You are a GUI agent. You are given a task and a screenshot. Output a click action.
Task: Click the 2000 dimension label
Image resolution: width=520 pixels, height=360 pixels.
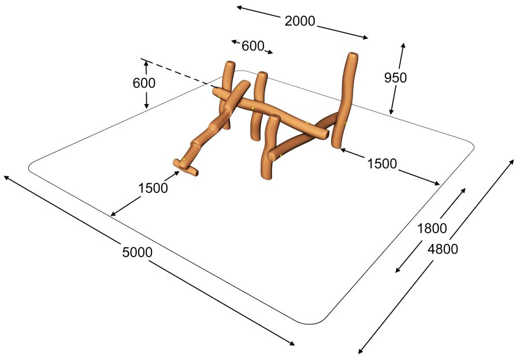[300, 21]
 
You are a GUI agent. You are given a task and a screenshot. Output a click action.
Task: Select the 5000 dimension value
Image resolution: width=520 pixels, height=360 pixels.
[138, 253]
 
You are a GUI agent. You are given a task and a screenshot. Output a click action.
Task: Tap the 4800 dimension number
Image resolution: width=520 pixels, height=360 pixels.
[443, 249]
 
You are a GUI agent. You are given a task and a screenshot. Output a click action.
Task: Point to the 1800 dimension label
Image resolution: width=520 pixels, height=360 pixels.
[432, 229]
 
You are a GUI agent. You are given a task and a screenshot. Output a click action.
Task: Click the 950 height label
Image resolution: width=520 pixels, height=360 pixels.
[395, 77]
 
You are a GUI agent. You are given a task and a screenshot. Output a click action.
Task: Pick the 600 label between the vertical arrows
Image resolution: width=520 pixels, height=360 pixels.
[144, 83]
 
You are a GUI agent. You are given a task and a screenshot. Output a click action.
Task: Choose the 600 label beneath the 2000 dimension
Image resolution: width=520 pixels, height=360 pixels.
[252, 46]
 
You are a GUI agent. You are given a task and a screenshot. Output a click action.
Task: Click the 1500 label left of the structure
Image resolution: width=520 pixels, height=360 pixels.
[153, 188]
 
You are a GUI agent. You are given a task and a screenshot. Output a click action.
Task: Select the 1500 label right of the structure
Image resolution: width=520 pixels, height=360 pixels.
[382, 164]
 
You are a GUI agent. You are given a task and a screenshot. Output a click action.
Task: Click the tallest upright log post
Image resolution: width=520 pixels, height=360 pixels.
[345, 99]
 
